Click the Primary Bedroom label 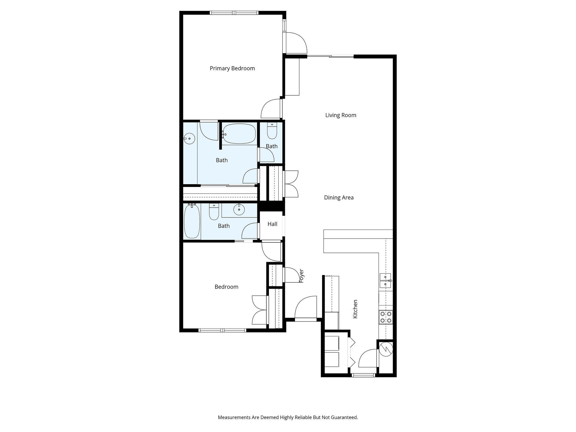(232, 68)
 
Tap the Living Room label (341, 115)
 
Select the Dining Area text (339, 197)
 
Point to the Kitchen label (355, 309)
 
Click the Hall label (272, 224)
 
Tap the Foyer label (301, 276)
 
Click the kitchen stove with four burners (386, 317)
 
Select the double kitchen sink (385, 280)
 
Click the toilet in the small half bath (272, 131)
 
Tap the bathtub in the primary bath (239, 134)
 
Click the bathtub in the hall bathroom (192, 221)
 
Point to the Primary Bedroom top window (234, 13)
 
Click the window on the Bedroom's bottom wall (222, 330)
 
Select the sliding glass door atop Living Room (330, 57)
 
